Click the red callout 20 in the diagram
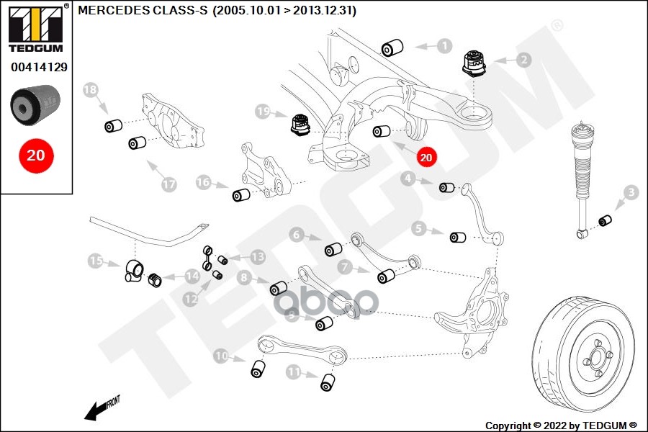click(x=426, y=156)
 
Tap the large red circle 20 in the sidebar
click(x=35, y=155)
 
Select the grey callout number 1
click(x=445, y=46)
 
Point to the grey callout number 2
click(x=523, y=60)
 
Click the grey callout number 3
click(x=631, y=192)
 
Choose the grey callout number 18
click(x=90, y=90)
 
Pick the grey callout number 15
click(x=95, y=261)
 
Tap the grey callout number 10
click(x=221, y=355)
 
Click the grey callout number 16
click(x=204, y=183)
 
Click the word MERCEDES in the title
click(x=112, y=11)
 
